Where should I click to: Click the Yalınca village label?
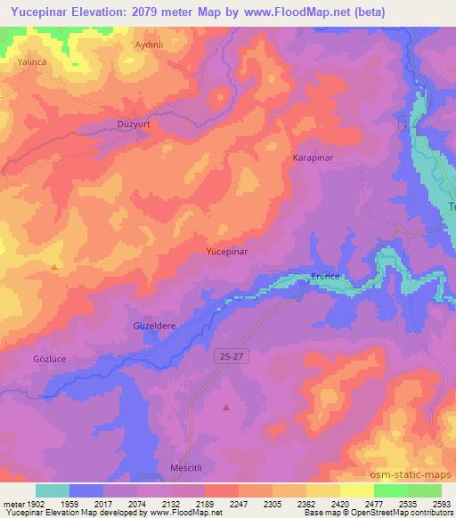31,62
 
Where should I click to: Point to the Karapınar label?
313,158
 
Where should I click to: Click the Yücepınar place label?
226,253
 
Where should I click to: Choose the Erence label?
326,277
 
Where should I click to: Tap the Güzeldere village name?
154,326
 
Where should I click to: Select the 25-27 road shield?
229,355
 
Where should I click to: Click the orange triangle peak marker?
55,266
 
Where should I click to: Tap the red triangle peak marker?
226,408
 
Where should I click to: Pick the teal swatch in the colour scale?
53,490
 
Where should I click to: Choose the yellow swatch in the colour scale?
357,490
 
